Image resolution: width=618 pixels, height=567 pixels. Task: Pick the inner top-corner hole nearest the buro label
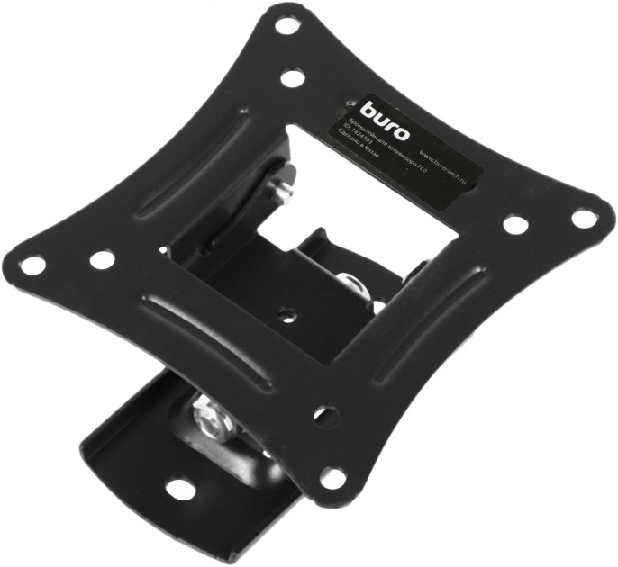[x=291, y=78]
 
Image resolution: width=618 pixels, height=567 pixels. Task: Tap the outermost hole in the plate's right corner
[x=583, y=217]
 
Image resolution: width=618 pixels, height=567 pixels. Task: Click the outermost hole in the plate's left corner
[x=33, y=265]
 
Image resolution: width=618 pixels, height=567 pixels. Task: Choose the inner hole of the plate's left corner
[x=102, y=259]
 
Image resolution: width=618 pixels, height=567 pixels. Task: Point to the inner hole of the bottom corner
[x=325, y=416]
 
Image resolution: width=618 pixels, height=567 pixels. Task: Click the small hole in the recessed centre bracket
[x=287, y=316]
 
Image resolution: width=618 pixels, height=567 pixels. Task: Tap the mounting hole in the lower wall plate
[x=181, y=490]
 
